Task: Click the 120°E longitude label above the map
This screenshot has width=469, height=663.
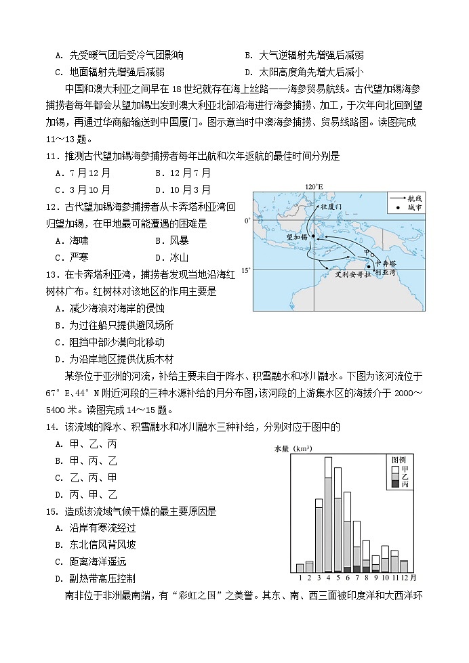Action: click(312, 186)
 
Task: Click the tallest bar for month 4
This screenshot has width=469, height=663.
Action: click(328, 515)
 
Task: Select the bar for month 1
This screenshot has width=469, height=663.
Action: click(300, 568)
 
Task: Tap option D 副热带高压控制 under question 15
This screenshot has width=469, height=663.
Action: click(95, 578)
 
